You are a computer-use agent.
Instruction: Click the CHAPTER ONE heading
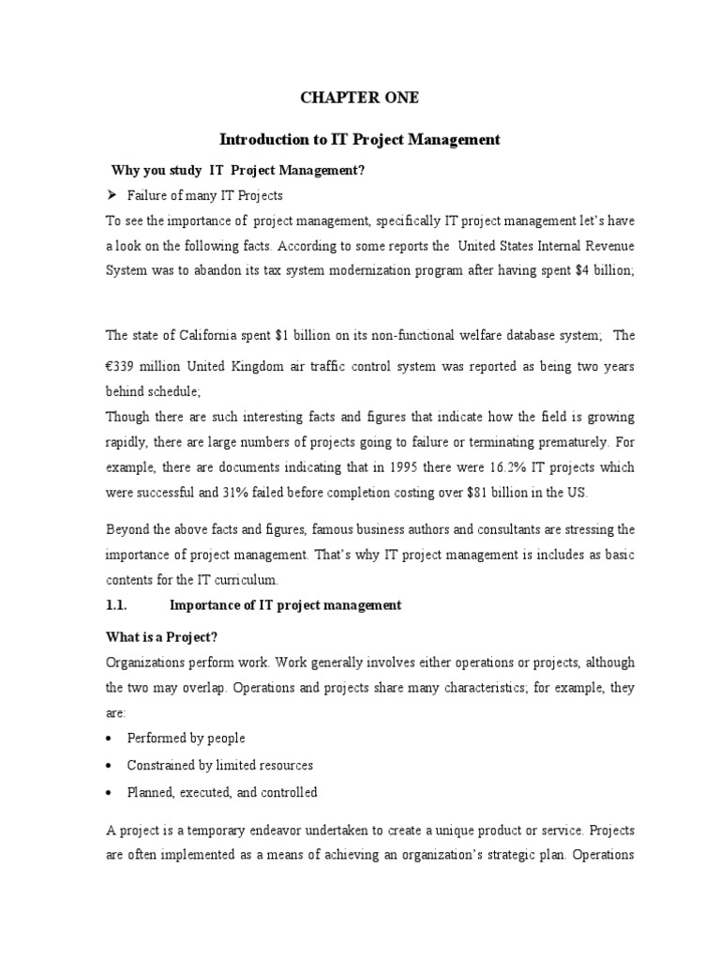[359, 97]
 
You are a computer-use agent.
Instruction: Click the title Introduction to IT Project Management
[359, 140]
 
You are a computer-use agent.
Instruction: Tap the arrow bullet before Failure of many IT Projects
[110, 194]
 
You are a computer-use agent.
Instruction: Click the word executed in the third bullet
[208, 792]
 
